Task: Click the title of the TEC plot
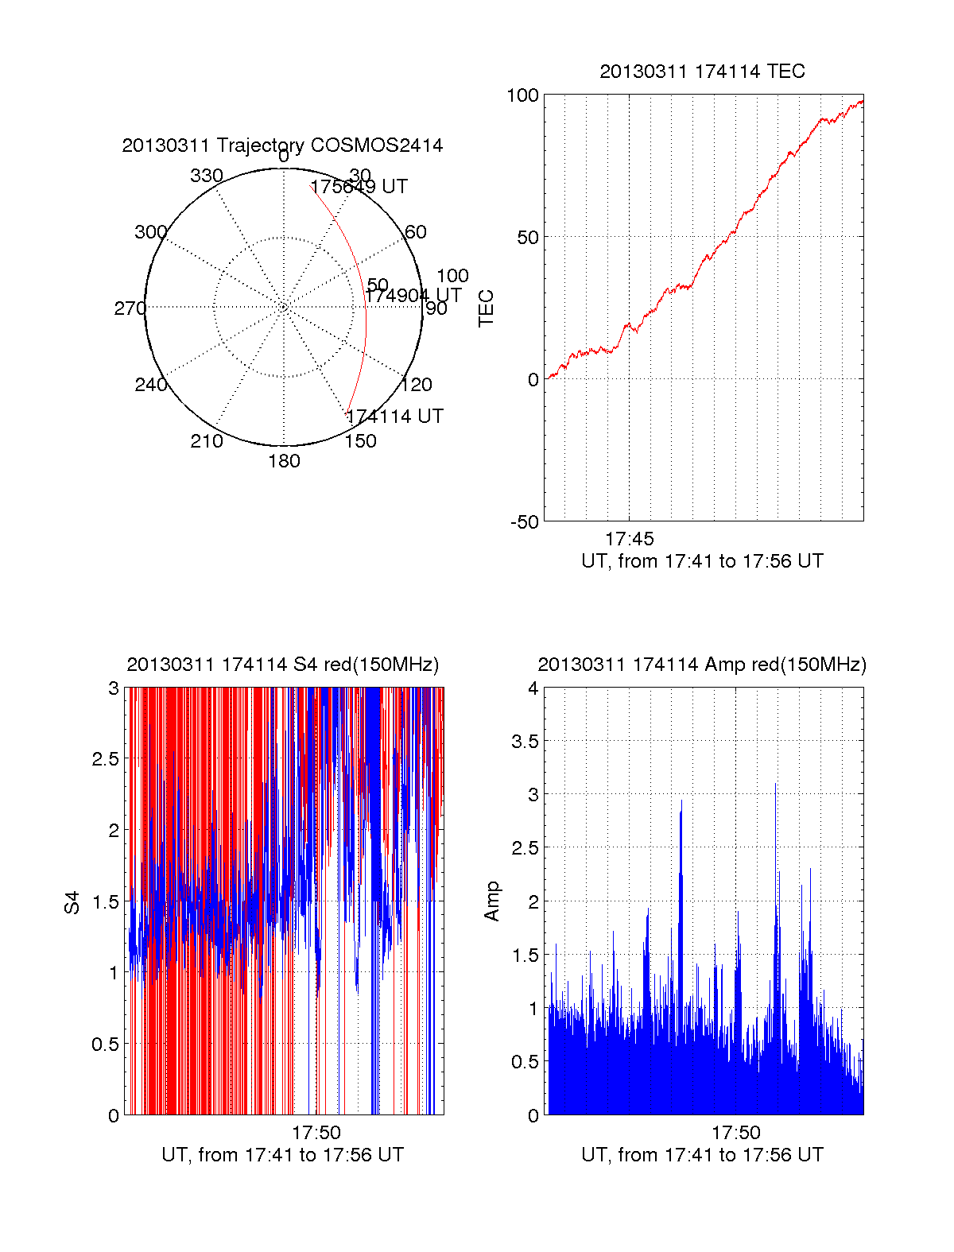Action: [x=702, y=72]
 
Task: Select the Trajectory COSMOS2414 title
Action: [x=282, y=145]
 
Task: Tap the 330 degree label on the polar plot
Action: [x=206, y=176]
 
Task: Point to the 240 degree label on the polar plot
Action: [x=150, y=385]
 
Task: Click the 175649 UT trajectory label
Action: [x=359, y=187]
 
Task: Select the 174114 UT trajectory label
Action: [x=394, y=417]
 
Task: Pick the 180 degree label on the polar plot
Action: [x=284, y=461]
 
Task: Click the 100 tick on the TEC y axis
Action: [x=522, y=95]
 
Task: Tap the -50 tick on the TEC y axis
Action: [x=524, y=522]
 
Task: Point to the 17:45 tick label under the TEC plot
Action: [x=629, y=539]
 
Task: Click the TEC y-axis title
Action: [x=486, y=308]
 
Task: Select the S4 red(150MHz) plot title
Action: [x=282, y=665]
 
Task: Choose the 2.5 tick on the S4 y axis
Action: [x=105, y=759]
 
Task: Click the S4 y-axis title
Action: [x=72, y=902]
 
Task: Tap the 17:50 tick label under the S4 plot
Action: [x=316, y=1133]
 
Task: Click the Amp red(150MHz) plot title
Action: [x=702, y=665]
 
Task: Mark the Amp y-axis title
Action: [x=492, y=901]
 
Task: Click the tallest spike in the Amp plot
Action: [x=776, y=787]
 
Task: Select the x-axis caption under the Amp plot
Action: [x=702, y=1155]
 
